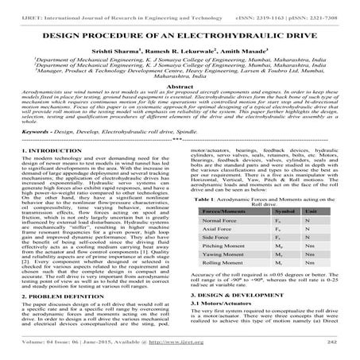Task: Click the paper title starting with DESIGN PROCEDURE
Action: coord(180,37)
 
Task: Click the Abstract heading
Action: coord(180,109)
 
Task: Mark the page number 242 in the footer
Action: coord(332,347)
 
